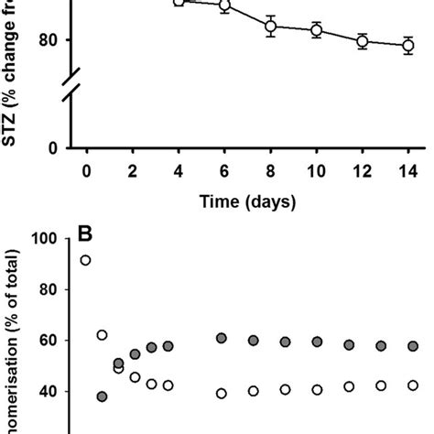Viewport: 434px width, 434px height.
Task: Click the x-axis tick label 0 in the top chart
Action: click(86, 170)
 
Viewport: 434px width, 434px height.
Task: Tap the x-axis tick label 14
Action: click(407, 170)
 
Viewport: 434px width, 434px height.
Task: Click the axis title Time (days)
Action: click(247, 201)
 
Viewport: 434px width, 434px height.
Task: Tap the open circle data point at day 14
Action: click(407, 46)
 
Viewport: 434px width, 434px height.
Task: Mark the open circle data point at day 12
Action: click(363, 41)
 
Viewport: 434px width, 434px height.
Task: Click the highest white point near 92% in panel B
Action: click(85, 260)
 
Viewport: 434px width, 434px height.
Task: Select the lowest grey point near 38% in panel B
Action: click(102, 396)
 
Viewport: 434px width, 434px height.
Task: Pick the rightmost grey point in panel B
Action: click(414, 346)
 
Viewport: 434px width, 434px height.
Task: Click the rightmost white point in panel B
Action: click(414, 386)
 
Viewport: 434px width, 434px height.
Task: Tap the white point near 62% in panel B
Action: click(102, 335)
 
